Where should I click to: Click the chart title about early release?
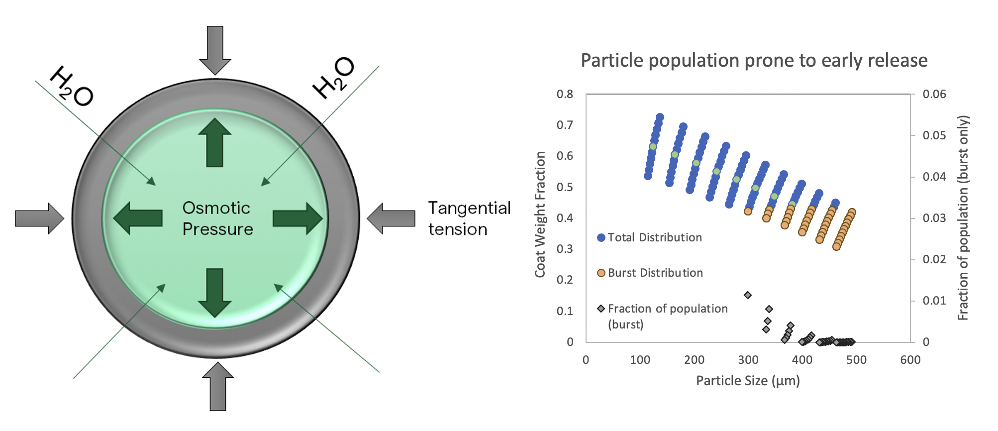(x=754, y=61)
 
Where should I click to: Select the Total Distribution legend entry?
(x=649, y=238)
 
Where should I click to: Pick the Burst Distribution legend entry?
(x=650, y=273)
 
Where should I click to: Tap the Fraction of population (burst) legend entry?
(x=662, y=316)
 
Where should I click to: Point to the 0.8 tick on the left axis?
(x=565, y=94)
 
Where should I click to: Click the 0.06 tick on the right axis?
(x=934, y=94)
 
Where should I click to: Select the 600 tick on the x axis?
(x=910, y=360)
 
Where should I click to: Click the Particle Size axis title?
(x=747, y=381)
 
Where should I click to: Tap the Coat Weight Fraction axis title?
(x=540, y=214)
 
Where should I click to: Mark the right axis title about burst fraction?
(x=963, y=217)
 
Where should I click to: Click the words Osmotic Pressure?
(x=217, y=218)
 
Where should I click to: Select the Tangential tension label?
(x=469, y=218)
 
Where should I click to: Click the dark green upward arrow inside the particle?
(x=214, y=142)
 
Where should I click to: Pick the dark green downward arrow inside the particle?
(x=214, y=293)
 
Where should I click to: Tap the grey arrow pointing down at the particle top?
(x=215, y=50)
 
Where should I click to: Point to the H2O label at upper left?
(x=72, y=86)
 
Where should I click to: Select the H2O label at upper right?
(x=333, y=78)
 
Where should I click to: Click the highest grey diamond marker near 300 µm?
(x=747, y=295)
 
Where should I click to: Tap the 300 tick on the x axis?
(x=748, y=360)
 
